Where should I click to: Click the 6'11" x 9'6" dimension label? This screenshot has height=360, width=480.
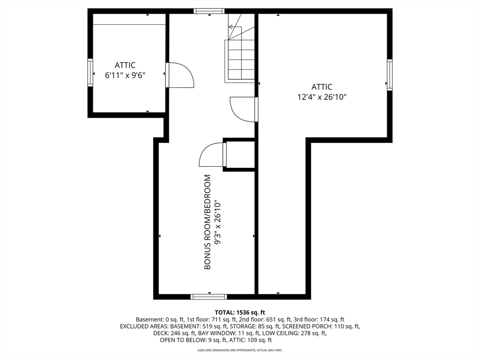(125, 75)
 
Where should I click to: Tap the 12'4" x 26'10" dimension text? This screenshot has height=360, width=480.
(322, 97)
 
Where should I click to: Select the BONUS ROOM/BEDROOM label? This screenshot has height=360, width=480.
(208, 222)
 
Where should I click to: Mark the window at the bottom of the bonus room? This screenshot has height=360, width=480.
(209, 297)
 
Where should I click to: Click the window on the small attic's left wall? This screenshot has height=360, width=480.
(90, 73)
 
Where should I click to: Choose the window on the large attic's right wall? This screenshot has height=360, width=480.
(390, 75)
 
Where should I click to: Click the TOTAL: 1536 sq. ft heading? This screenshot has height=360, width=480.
(240, 313)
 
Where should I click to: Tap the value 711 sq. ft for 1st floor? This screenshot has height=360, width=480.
(210, 320)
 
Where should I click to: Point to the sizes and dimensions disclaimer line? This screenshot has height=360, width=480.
(240, 350)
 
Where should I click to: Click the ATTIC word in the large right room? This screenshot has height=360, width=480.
(322, 87)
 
